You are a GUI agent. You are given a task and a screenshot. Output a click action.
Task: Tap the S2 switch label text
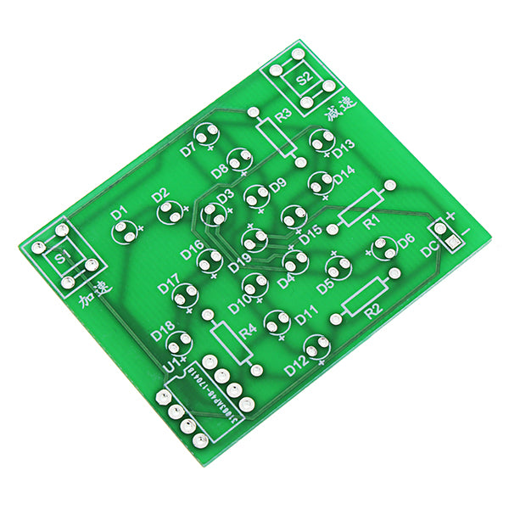[304, 79]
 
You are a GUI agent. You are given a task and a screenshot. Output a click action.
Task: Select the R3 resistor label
[283, 114]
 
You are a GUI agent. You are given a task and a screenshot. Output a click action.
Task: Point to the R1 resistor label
[370, 222]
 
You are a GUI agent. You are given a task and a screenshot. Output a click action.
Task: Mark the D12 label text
[296, 367]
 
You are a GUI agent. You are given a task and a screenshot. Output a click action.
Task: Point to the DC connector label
[428, 248]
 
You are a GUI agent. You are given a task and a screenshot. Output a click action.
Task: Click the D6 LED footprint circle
[383, 248]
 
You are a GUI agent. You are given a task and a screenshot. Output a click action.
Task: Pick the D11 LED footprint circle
[276, 322]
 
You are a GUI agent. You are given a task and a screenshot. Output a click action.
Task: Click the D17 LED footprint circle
[185, 295]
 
